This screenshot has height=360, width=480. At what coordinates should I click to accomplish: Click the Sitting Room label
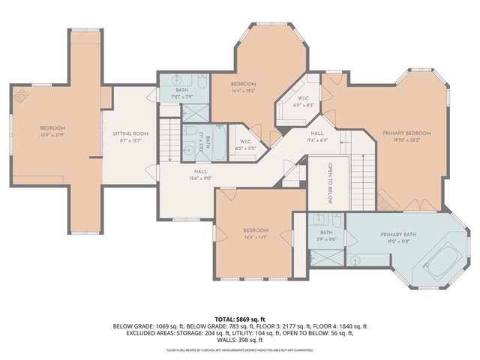click(x=131, y=133)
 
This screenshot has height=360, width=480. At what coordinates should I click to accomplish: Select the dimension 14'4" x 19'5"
click(x=243, y=91)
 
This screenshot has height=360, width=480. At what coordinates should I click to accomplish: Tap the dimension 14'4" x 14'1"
click(x=255, y=237)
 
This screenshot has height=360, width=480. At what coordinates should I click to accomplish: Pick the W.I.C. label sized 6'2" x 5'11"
click(x=245, y=148)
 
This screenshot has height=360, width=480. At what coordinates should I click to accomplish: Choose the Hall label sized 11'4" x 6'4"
click(x=317, y=139)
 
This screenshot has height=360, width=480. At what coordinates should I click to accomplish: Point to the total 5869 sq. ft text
click(x=240, y=319)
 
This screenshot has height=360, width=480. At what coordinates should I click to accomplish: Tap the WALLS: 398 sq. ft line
click(x=240, y=341)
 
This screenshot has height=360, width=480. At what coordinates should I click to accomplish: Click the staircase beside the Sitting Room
click(x=171, y=143)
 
